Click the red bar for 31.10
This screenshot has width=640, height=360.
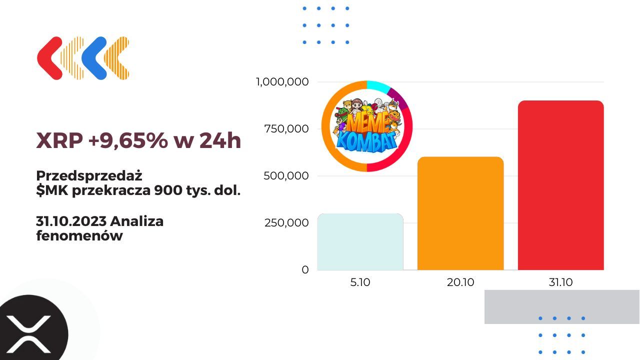(x=560, y=185)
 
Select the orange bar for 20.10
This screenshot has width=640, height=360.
(x=460, y=213)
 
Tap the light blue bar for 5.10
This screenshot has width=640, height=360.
(x=360, y=242)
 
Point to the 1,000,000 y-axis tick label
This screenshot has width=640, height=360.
(x=282, y=81)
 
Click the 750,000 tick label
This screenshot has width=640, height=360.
(x=286, y=128)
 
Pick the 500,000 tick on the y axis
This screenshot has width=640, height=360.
(x=286, y=175)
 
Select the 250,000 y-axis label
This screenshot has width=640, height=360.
(x=286, y=222)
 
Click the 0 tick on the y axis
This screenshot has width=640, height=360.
(x=305, y=269)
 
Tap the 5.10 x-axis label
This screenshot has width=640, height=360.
(x=360, y=282)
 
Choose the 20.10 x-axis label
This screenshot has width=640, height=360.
(x=460, y=282)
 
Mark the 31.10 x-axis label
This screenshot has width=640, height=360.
(x=560, y=282)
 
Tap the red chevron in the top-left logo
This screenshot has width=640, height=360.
(x=49, y=58)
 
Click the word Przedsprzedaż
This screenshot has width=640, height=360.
(x=89, y=176)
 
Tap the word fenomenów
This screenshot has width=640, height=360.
(x=79, y=236)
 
